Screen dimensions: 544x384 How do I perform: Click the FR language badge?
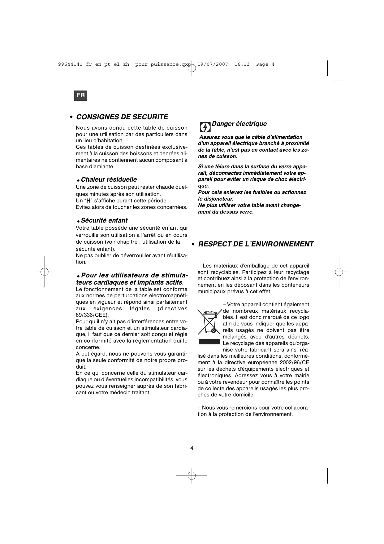(x=81, y=95)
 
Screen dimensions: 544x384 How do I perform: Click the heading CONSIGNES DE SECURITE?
(x=122, y=117)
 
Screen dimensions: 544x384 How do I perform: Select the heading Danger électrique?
(x=239, y=124)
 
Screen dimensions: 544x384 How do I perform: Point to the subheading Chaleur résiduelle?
(x=109, y=179)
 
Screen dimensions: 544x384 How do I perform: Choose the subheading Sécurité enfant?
(x=104, y=220)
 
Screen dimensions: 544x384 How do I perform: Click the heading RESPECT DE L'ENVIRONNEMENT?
(x=256, y=244)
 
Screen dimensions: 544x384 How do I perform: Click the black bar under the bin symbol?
(x=209, y=342)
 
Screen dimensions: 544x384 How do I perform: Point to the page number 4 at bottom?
(x=192, y=448)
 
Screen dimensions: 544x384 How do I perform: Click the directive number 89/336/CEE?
(x=92, y=315)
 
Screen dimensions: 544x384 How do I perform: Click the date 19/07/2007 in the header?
(x=213, y=64)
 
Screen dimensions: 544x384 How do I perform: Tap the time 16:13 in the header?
(x=242, y=64)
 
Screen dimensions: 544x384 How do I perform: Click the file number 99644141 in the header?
(x=70, y=64)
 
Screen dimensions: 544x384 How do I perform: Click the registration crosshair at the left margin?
(x=44, y=272)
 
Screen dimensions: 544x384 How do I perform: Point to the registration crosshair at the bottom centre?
(x=192, y=475)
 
